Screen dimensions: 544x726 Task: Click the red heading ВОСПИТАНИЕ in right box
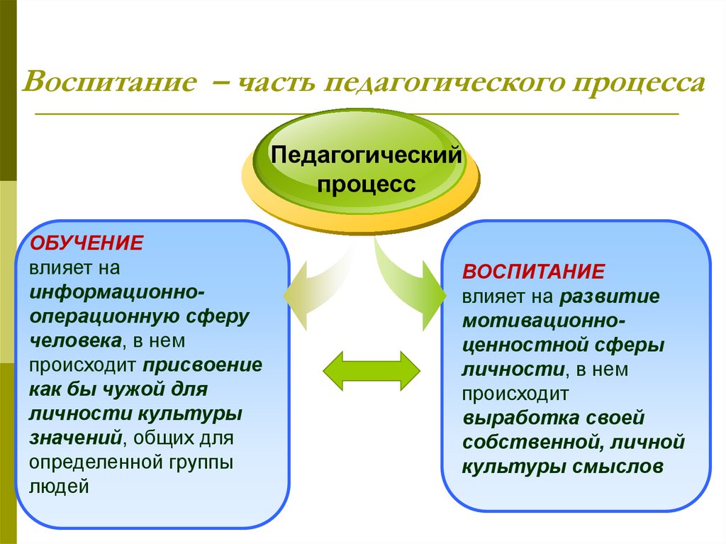pyautogui.click(x=533, y=272)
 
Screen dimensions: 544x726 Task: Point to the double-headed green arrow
pyautogui.click(x=371, y=370)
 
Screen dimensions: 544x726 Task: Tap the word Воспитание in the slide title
pyautogui.click(x=109, y=83)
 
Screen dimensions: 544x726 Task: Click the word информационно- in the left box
pyautogui.click(x=118, y=292)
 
